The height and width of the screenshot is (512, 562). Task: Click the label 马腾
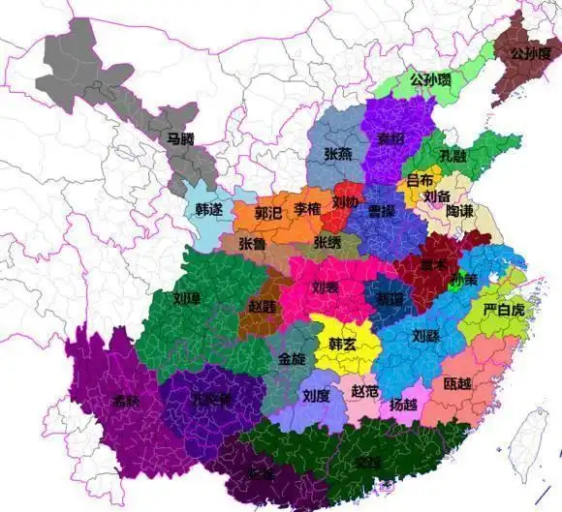pos(180,139)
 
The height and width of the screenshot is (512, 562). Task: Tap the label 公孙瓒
pos(430,79)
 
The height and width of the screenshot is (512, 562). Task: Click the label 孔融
pos(453,155)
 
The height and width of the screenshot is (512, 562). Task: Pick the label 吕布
pos(420,180)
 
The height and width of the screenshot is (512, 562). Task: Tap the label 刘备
pos(438,196)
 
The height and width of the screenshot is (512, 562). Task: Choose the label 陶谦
pos(460,210)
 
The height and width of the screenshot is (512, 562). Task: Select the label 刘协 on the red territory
pos(345,203)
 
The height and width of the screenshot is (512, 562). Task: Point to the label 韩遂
pos(208,208)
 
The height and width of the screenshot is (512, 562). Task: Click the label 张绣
pos(328,242)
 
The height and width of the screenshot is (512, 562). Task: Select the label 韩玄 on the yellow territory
pos(343,345)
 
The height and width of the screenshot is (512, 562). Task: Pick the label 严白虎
pos(504,310)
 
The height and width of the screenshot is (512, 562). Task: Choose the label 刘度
pos(316,395)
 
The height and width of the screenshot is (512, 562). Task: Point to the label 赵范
pos(365,391)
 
